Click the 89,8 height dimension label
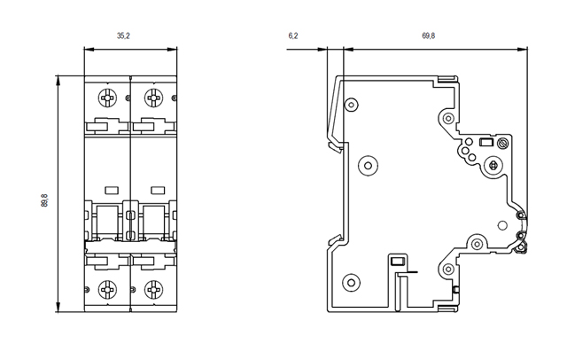click(44, 201)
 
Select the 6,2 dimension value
click(293, 35)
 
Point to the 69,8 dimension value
click(428, 35)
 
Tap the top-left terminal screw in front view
click(108, 96)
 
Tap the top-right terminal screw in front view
click(154, 96)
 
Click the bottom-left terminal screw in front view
click(108, 288)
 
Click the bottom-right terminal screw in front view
click(154, 288)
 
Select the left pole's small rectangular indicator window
click(112, 188)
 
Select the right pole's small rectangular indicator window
click(158, 188)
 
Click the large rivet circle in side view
click(367, 165)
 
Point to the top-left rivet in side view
click(352, 106)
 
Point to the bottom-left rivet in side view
click(352, 284)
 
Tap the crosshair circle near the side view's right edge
click(493, 165)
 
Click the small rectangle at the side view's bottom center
click(397, 262)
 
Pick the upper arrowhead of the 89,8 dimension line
click(58, 80)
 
